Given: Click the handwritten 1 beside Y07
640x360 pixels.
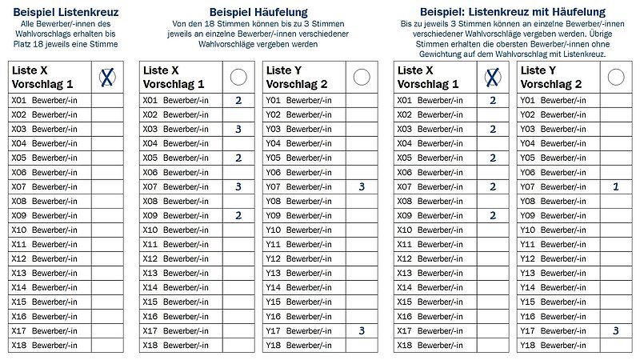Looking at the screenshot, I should point(615,186).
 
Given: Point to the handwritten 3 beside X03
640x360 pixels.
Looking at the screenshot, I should point(238,129).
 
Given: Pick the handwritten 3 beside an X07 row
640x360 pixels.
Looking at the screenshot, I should point(238,186).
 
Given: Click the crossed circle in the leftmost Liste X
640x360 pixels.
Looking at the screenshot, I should point(106,78).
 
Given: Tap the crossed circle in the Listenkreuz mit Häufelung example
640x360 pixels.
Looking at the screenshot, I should point(492,78).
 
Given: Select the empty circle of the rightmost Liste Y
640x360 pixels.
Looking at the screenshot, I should point(615,77).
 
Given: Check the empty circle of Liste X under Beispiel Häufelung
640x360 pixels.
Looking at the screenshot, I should point(238,77).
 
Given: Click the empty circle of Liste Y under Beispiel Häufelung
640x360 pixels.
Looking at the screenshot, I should point(362,77).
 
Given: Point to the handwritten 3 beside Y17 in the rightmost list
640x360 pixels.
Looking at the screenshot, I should point(615,330).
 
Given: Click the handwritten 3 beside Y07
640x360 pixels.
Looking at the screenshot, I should point(362,186).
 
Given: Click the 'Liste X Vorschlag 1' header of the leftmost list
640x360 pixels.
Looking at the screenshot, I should point(42,78).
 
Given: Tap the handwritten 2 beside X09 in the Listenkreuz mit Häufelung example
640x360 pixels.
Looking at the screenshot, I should point(492,215).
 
